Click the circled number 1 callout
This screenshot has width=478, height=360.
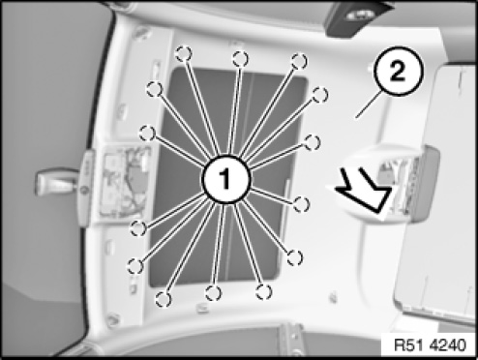[x=225, y=179]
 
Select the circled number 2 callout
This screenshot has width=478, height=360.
[x=398, y=72]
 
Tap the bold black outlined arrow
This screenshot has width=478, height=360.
[x=363, y=192]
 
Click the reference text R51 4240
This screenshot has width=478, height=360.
[x=431, y=345]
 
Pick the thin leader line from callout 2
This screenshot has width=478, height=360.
[x=370, y=105]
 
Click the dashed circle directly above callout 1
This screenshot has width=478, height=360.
[x=240, y=59]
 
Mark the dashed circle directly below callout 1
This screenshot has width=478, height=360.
[x=213, y=293]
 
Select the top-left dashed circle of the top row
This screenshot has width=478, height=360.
[x=184, y=53]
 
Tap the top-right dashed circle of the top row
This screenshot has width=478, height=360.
[x=299, y=61]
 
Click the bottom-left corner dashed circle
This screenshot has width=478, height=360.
[x=164, y=299]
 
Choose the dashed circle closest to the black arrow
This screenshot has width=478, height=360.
[x=302, y=204]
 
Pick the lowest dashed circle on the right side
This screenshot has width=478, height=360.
[x=294, y=257]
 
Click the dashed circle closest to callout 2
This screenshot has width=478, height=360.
[x=320, y=95]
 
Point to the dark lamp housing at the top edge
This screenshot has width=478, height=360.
[x=358, y=16]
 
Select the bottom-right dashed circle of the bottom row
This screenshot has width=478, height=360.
[x=264, y=292]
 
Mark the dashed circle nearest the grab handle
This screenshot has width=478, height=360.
[x=147, y=134]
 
